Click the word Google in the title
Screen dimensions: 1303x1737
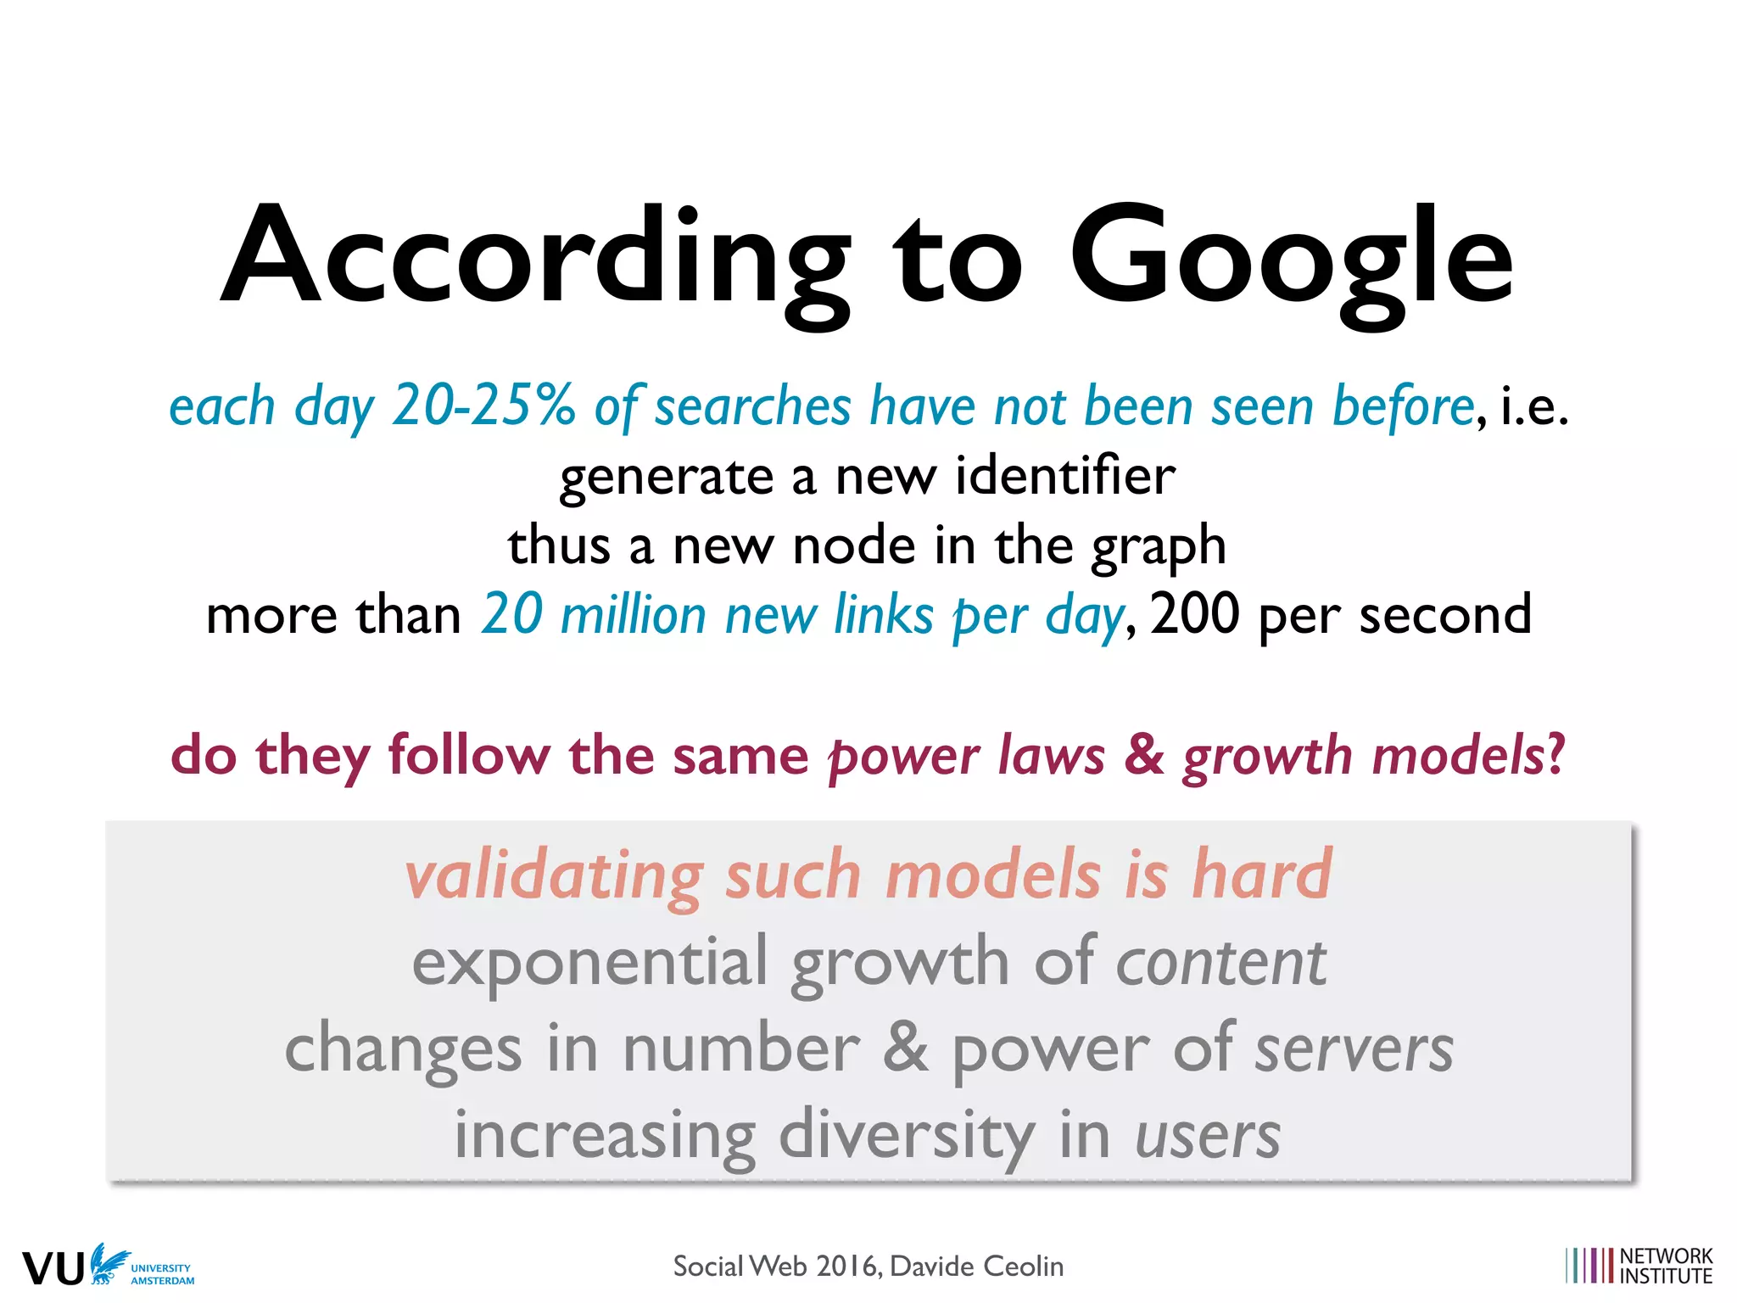(x=1291, y=259)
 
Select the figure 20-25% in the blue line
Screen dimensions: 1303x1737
(x=484, y=405)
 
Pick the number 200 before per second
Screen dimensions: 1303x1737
(x=1194, y=613)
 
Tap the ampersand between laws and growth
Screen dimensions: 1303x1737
(x=1143, y=754)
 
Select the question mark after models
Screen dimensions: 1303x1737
(x=1555, y=754)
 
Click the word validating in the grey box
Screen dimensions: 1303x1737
(x=554, y=875)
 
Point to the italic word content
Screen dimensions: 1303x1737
(x=1220, y=963)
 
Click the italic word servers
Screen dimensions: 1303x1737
(x=1354, y=1049)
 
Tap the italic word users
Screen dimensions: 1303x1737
(x=1208, y=1136)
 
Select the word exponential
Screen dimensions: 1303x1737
(x=589, y=963)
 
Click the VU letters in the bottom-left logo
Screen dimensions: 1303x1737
(x=53, y=1269)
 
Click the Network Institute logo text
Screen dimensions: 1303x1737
(x=1666, y=1266)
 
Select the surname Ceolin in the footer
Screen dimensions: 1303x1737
(x=1022, y=1267)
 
